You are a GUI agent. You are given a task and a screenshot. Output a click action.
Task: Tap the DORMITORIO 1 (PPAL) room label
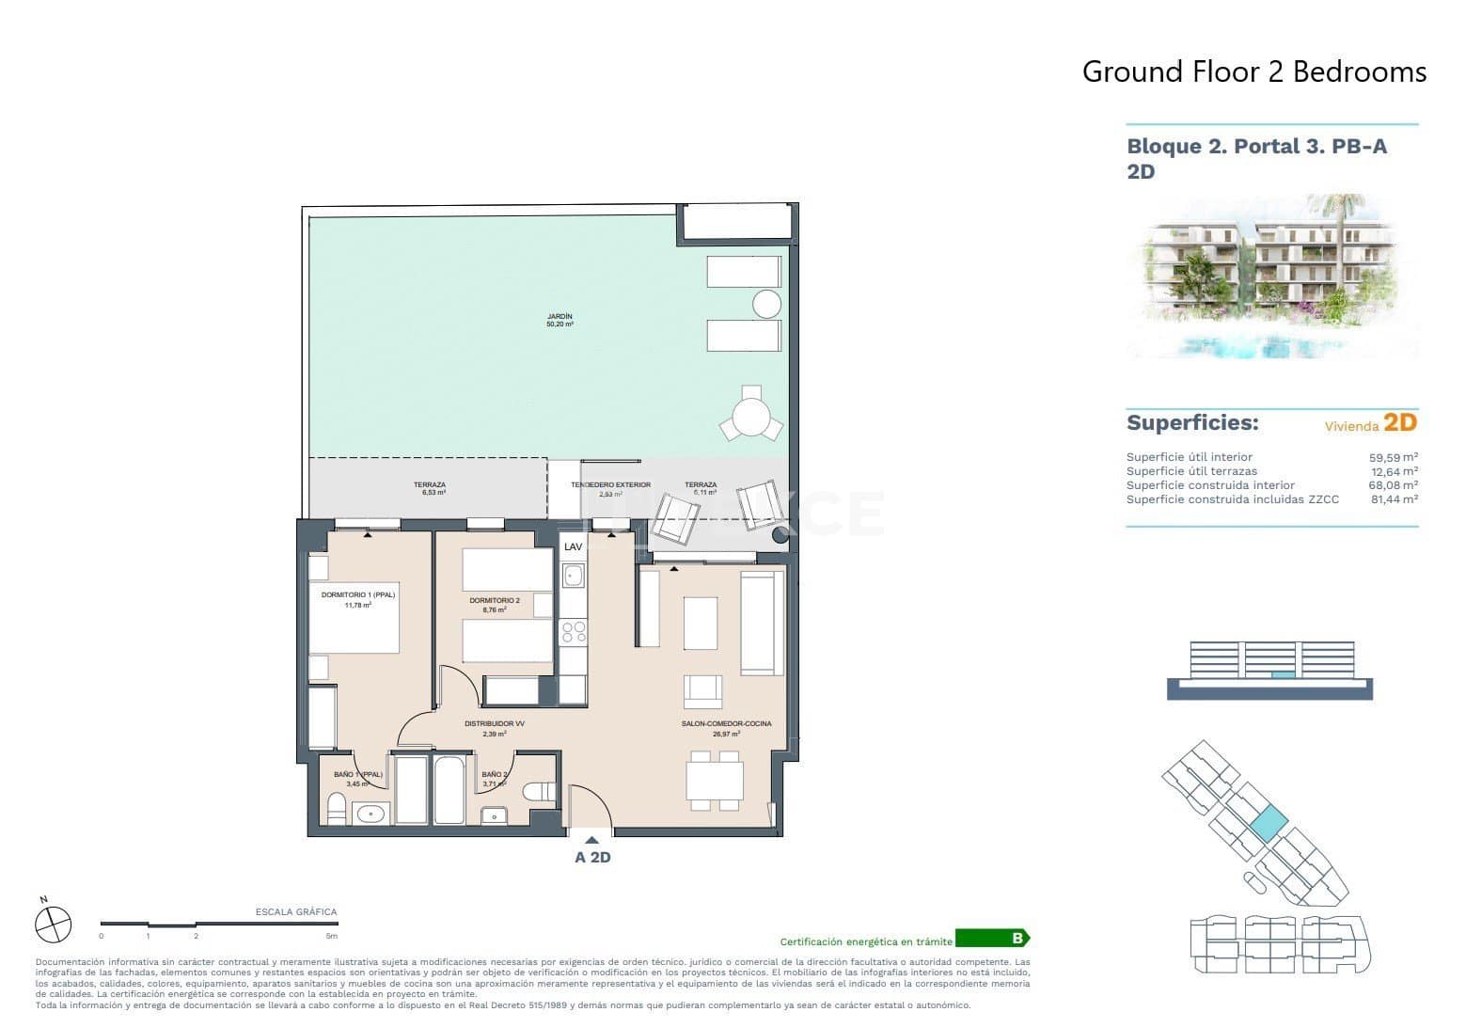(x=358, y=595)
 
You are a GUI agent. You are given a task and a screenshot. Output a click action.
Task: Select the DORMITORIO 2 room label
(x=494, y=600)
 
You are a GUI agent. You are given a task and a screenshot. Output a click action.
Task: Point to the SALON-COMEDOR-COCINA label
(x=726, y=723)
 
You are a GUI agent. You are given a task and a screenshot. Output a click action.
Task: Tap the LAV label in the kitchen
(x=572, y=546)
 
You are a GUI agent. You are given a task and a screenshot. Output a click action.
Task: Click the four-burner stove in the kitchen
(x=573, y=632)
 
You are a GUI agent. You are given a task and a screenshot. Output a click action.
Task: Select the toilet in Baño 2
(x=540, y=791)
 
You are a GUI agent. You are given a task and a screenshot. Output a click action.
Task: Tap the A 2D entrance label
(x=592, y=857)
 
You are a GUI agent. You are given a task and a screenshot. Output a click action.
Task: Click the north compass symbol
(x=53, y=923)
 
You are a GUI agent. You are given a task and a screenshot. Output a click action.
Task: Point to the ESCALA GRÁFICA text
(x=295, y=911)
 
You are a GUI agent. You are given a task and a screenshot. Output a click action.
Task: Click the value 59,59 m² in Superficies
(x=1393, y=457)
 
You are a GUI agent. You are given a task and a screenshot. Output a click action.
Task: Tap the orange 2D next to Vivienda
(x=1399, y=422)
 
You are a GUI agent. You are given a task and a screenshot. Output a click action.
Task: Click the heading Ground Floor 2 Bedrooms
(x=1253, y=71)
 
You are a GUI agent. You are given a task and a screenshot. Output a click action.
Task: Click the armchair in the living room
(x=702, y=691)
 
